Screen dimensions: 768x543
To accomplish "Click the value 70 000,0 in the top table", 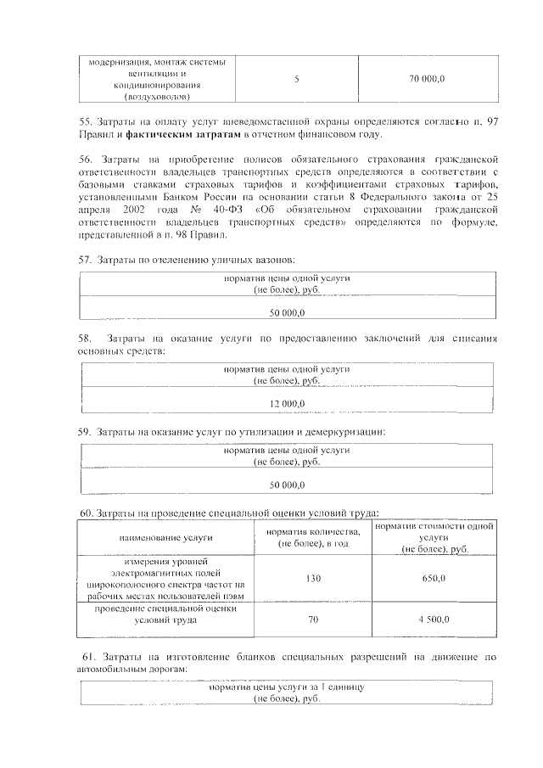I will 427,79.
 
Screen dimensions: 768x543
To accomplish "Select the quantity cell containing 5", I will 296,79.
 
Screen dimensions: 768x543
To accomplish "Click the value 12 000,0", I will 287,402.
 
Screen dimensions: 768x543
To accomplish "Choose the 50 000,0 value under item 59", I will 287,485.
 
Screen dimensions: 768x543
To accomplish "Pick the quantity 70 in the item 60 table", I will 312,620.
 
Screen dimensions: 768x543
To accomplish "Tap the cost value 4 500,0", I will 434,620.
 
